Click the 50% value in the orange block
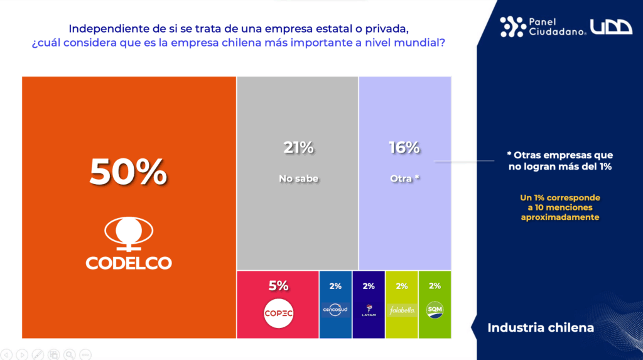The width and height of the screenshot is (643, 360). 128,172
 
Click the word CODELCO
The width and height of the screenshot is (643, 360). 129,263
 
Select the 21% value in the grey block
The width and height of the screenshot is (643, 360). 298,148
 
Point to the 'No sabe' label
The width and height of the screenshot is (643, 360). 298,178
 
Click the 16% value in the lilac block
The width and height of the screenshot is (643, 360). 404,148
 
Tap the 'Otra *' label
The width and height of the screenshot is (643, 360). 404,178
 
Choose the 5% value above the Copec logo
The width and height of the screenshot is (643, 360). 278,286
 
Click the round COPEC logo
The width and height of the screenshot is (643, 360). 278,313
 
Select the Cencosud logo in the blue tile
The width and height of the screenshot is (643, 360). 335,310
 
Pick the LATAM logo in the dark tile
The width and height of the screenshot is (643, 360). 369,310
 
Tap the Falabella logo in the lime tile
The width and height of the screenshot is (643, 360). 402,310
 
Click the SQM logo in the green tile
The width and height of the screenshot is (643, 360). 435,310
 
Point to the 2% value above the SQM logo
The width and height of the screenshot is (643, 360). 435,286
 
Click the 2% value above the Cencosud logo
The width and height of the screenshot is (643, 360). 335,286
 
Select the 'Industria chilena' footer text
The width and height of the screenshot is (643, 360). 541,328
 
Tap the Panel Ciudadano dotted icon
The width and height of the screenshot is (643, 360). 512,26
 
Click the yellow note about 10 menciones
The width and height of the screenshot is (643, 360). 560,207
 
